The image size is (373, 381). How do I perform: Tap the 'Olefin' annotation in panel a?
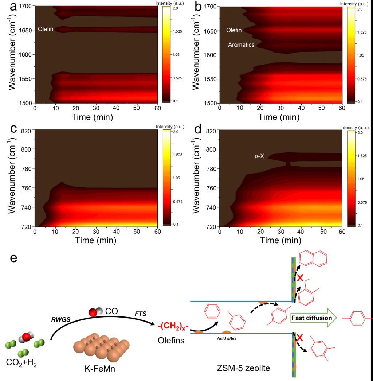pyautogui.click(x=46, y=29)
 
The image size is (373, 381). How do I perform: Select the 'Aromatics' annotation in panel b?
pyautogui.click(x=241, y=45)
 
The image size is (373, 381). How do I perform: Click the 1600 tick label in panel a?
pyautogui.click(x=25, y=54)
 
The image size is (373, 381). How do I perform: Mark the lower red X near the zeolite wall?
pyautogui.click(x=300, y=337)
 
